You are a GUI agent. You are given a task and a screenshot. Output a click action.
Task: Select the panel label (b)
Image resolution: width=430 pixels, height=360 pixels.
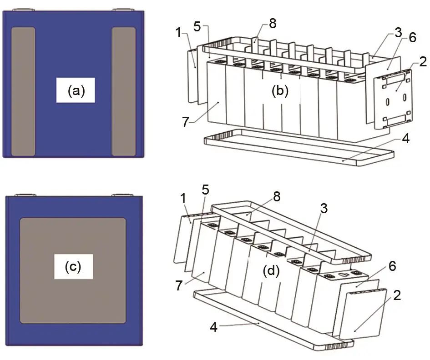pyautogui.click(x=280, y=91)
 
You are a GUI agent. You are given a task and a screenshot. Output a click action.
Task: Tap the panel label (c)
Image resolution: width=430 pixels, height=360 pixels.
pyautogui.click(x=73, y=266)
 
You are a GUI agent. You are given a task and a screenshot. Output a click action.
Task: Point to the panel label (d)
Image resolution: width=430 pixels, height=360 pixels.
pyautogui.click(x=272, y=271)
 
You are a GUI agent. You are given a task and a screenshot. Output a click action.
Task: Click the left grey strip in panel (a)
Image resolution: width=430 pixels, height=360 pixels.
pyautogui.click(x=23, y=92)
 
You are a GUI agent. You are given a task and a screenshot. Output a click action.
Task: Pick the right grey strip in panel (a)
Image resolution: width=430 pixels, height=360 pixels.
pyautogui.click(x=124, y=92)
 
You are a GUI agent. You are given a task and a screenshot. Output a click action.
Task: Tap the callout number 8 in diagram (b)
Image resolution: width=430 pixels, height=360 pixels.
pyautogui.click(x=272, y=24)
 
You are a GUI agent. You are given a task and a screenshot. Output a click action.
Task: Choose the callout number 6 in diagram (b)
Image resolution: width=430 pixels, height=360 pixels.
pyautogui.click(x=412, y=38)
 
